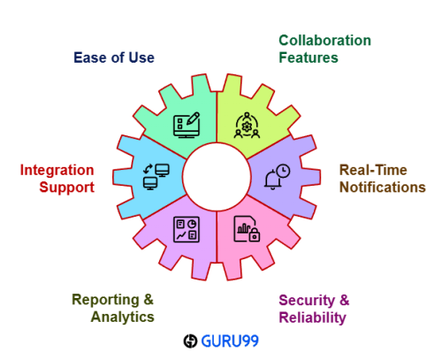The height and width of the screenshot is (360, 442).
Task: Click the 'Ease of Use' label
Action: [x=114, y=57]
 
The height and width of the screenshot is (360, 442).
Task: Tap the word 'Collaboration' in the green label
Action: [x=324, y=41]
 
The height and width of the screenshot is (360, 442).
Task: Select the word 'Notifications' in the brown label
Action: [x=383, y=188]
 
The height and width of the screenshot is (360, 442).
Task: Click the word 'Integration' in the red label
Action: [x=57, y=171]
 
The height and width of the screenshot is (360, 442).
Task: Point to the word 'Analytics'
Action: [x=123, y=318]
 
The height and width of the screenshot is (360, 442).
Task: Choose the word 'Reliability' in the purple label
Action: [x=312, y=318]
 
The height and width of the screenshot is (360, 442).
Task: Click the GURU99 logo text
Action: [x=230, y=341]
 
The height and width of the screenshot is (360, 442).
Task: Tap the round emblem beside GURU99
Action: [x=190, y=341]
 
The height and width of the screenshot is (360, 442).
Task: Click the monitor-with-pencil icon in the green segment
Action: [x=187, y=125]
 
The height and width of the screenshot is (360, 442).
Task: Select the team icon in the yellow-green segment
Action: [x=247, y=125]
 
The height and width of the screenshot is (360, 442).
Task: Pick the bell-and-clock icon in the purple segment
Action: [x=277, y=177]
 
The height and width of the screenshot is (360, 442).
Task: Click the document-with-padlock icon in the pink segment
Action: [x=247, y=229]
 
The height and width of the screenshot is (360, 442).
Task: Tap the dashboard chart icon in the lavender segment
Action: [x=187, y=229]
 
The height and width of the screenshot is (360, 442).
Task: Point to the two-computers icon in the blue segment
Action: [x=156, y=177]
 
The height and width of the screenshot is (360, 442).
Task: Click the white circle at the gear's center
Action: [x=217, y=177]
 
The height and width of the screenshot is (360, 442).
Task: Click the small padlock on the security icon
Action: [x=255, y=235]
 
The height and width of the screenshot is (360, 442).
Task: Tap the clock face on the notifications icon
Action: [x=283, y=171]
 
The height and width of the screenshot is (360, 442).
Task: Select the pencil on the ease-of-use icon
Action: [x=193, y=119]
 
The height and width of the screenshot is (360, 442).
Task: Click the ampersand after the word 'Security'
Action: [x=344, y=300]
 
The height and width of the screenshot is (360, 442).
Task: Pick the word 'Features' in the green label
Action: [x=309, y=57]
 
